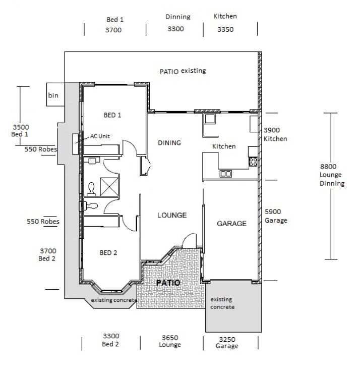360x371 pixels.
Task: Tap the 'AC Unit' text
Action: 100,136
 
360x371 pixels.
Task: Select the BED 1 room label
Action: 112,115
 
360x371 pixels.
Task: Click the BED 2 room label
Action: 108,253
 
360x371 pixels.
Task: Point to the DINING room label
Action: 169,143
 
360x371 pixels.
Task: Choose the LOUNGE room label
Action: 172,215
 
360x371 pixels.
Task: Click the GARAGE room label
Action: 231,223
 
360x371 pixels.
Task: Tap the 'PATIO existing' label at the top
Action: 183,71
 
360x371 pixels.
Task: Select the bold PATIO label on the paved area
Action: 167,283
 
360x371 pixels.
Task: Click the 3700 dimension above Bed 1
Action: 113,30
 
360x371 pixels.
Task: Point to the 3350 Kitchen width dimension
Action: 225,30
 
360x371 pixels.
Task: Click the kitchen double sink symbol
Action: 225,174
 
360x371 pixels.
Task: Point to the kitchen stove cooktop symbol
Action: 253,162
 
